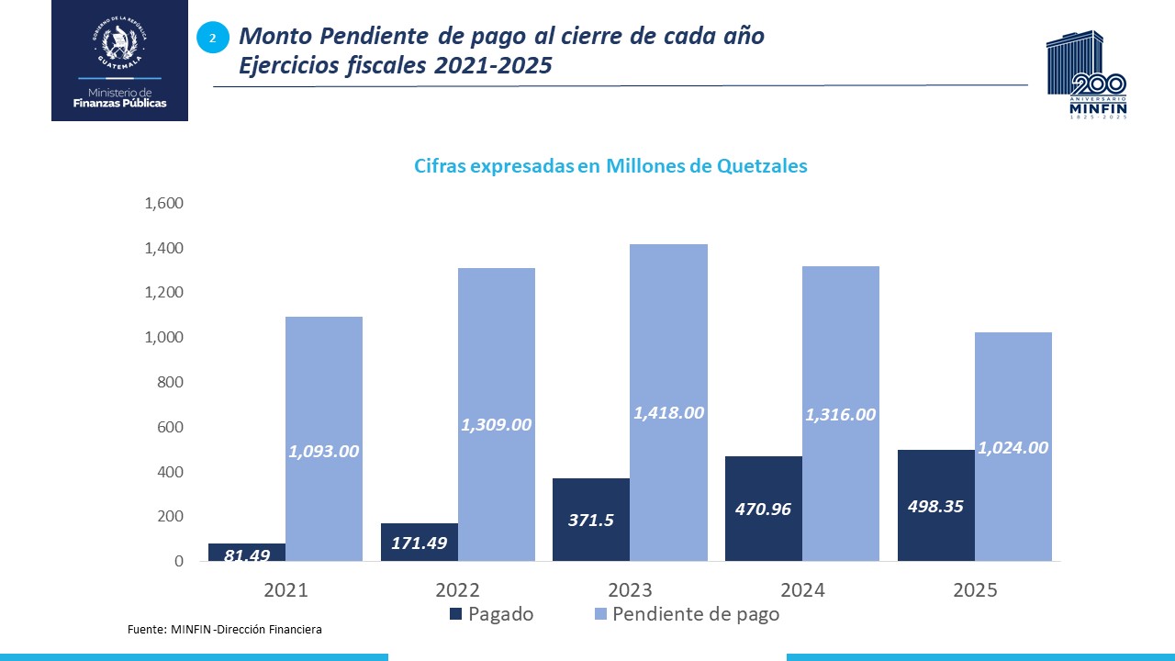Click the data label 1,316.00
pyautogui.click(x=840, y=415)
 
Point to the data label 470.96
pyautogui.click(x=763, y=508)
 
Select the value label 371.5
pyautogui.click(x=590, y=520)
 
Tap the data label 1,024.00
pyautogui.click(x=1013, y=448)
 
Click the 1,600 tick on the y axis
pyautogui.click(x=164, y=203)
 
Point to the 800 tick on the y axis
pyautogui.click(x=171, y=382)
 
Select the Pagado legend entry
pyautogui.click(x=491, y=614)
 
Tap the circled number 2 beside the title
pyautogui.click(x=213, y=38)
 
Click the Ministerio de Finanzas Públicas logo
pyautogui.click(x=119, y=62)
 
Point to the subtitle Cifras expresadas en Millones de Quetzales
pyautogui.click(x=610, y=166)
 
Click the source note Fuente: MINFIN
pyautogui.click(x=224, y=630)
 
